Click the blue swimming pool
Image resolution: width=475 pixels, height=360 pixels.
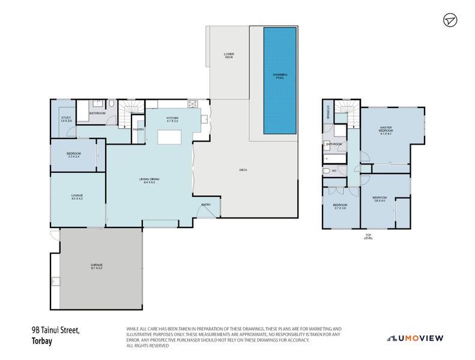pyautogui.click(x=280, y=80)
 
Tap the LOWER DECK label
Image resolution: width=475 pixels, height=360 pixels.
pyautogui.click(x=228, y=56)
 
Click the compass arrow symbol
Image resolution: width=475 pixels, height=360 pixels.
pyautogui.click(x=450, y=20)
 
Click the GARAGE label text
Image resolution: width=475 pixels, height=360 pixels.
pyautogui.click(x=97, y=266)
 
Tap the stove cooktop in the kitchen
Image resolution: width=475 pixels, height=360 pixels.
pyautogui.click(x=193, y=104)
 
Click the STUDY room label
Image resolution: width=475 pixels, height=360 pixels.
pyautogui.click(x=67, y=119)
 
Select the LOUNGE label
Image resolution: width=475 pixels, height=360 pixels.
pyautogui.click(x=77, y=197)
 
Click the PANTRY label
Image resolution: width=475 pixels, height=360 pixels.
pyautogui.click(x=138, y=129)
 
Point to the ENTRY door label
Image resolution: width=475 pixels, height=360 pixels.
pyautogui.click(x=206, y=205)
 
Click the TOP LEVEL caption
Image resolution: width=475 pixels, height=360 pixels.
pyautogui.click(x=368, y=236)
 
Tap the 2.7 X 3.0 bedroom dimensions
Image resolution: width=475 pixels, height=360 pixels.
pyautogui.click(x=340, y=209)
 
